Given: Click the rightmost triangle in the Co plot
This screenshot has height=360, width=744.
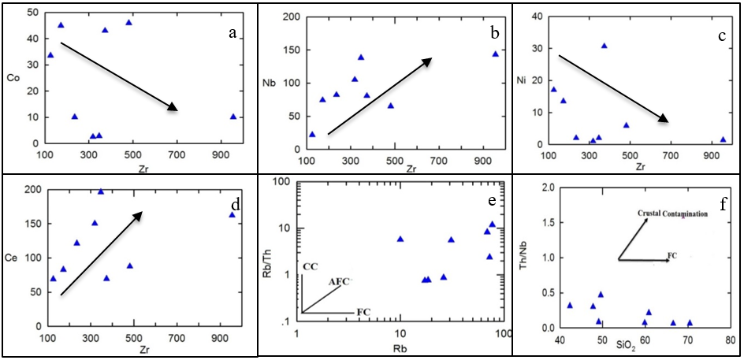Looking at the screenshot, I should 233,117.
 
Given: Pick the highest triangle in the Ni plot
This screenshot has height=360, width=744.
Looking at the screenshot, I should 604,46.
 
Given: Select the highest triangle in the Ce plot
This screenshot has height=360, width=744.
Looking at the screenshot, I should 101,191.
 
